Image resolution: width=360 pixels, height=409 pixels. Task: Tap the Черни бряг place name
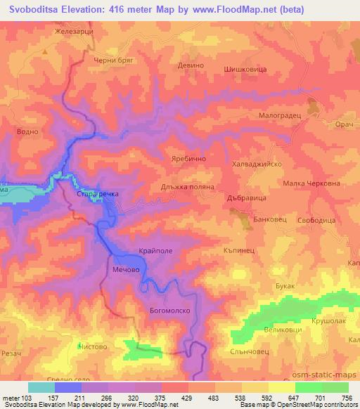113,62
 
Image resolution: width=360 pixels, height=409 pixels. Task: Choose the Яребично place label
188,160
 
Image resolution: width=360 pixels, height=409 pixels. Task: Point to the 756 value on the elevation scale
345,398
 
